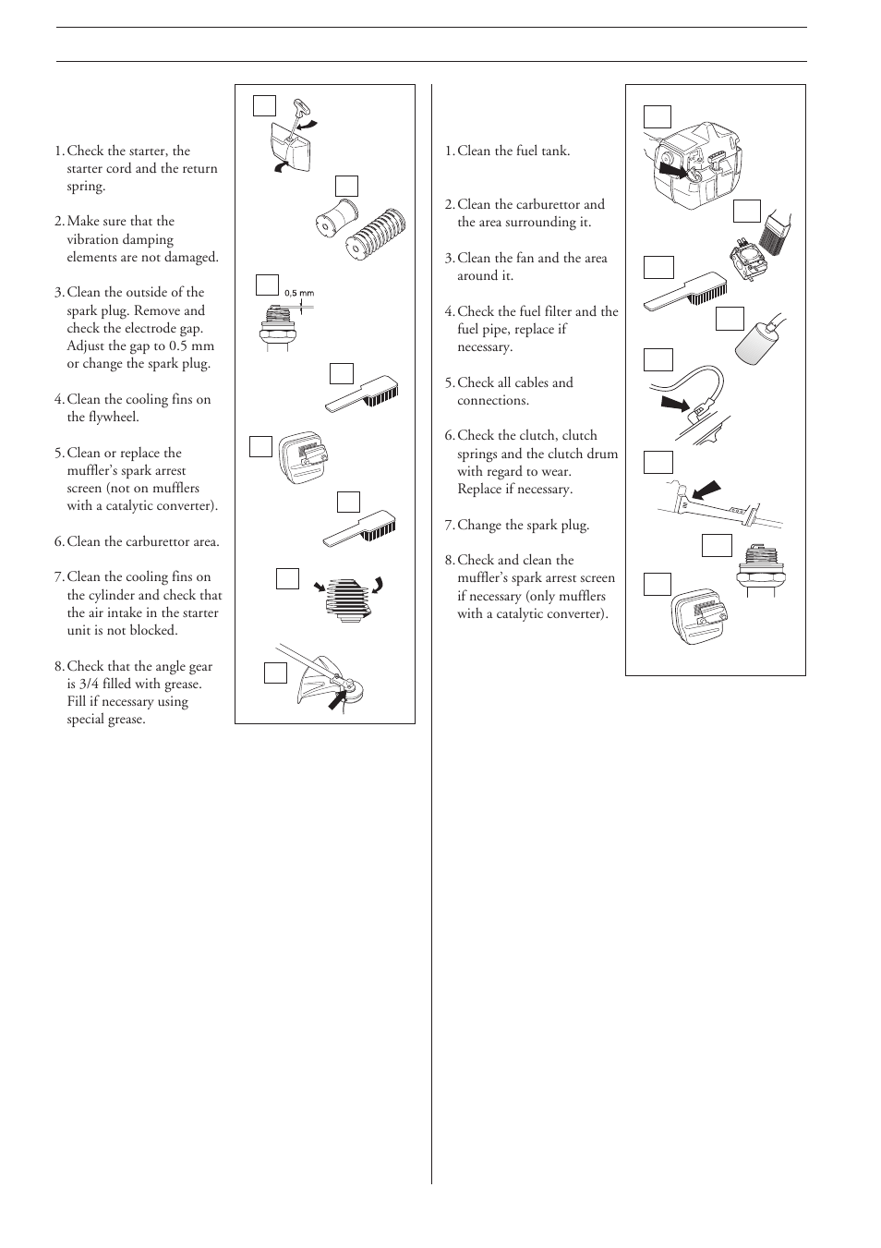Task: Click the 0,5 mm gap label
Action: [299, 293]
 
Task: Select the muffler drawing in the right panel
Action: [699, 616]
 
